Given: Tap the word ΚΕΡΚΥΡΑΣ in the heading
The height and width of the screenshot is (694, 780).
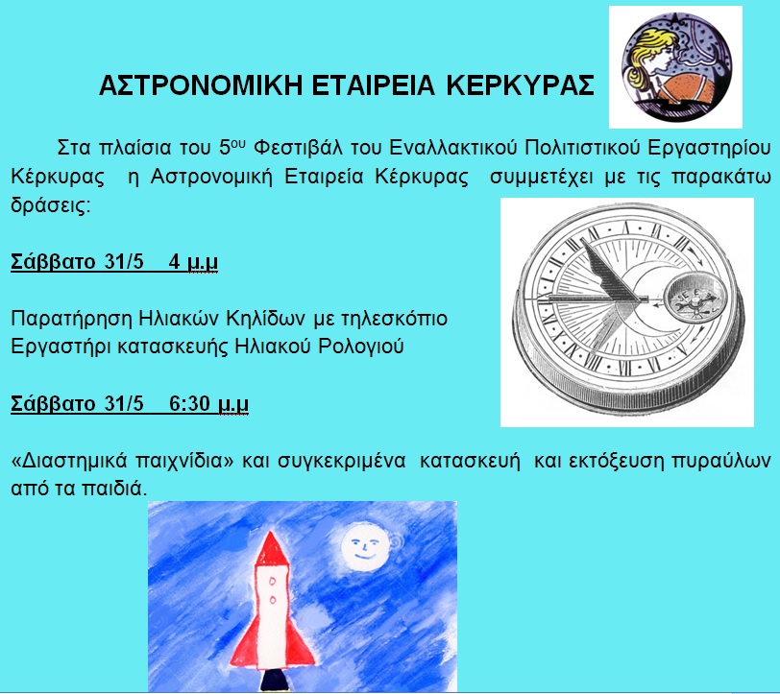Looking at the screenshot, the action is click(x=520, y=85).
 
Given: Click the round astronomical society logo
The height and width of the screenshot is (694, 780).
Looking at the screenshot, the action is click(x=676, y=67).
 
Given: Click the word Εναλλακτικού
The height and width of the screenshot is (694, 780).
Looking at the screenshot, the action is click(x=453, y=148).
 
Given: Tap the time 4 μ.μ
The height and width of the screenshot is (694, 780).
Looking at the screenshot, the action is click(x=193, y=262).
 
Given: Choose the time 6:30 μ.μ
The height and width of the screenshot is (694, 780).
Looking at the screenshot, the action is click(x=208, y=404).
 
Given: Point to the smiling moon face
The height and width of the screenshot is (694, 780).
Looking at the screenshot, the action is click(x=365, y=545).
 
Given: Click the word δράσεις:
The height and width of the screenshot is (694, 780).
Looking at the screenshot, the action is click(x=51, y=204).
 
